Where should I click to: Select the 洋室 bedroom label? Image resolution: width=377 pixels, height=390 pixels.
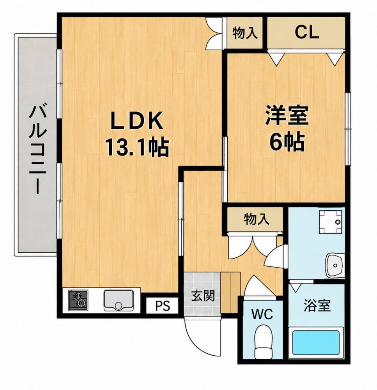(x=287, y=115)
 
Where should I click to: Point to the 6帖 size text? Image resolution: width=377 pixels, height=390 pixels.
(x=287, y=142)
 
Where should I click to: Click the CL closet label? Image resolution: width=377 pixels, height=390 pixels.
(x=307, y=32)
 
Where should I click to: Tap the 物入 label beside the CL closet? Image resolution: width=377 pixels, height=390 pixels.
(x=245, y=33)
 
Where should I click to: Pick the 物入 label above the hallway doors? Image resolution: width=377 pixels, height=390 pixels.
(x=257, y=219)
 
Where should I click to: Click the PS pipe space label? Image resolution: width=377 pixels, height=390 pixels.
(x=163, y=305)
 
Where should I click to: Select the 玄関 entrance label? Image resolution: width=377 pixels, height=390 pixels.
(x=203, y=296)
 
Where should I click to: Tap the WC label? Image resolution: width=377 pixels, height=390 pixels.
(x=262, y=314)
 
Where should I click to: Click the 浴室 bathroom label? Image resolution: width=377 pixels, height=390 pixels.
(x=317, y=306)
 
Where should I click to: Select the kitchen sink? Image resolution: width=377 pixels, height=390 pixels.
(x=119, y=300)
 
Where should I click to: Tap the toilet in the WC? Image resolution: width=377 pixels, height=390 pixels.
(x=264, y=342)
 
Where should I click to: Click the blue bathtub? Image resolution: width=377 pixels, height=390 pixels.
(x=316, y=342)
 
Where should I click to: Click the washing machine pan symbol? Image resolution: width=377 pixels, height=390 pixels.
(x=330, y=222)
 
